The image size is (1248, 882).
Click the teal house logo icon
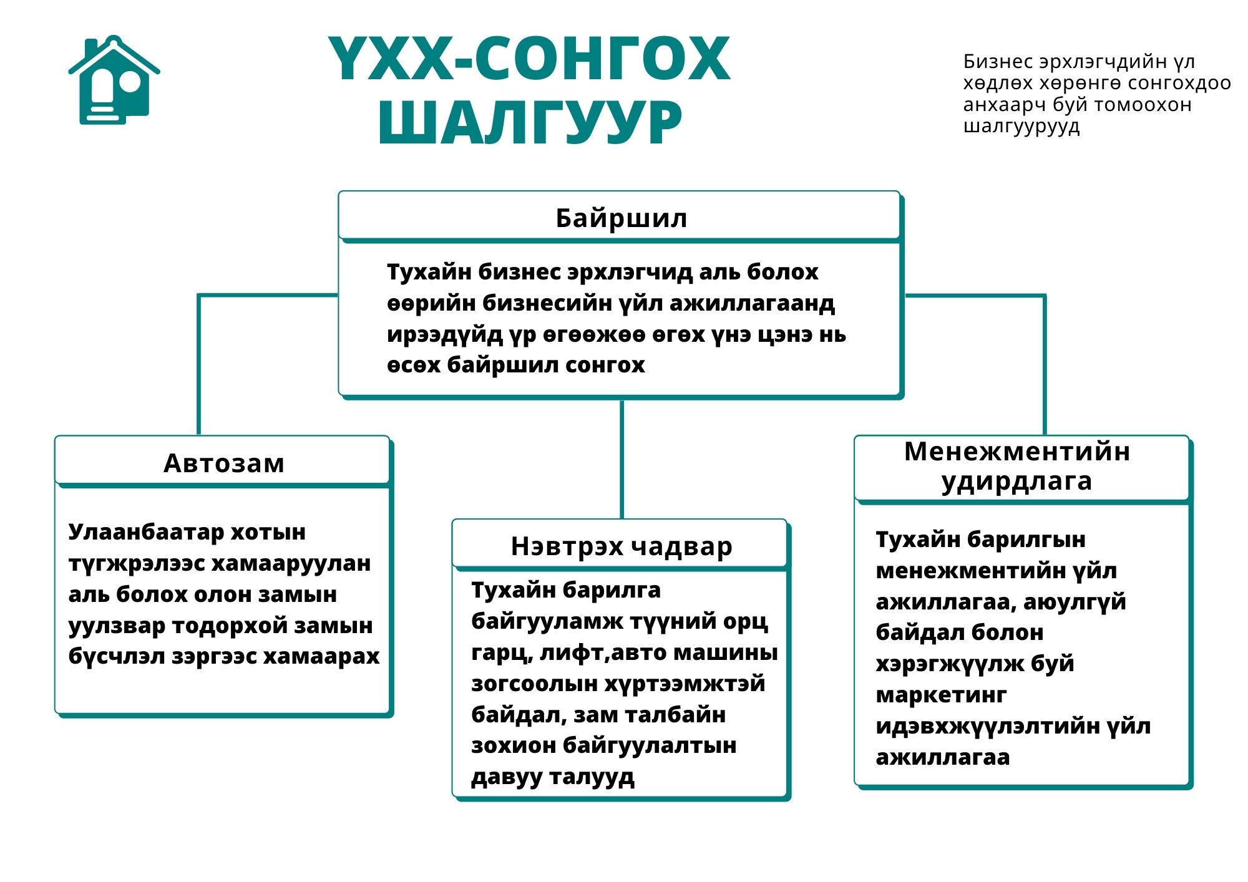114,80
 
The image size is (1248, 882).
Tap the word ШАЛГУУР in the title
530,122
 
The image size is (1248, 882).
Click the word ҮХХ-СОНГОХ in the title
529,59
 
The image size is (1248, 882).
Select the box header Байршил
622,218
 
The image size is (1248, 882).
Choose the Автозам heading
224,463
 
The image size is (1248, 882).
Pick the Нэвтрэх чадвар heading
622,546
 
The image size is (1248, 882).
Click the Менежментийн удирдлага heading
1017,466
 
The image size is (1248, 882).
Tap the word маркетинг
941,695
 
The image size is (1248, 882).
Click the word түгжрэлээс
137,564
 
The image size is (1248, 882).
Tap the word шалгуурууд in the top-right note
1021,127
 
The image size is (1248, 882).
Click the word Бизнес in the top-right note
998,62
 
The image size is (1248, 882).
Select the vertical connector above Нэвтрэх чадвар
622,460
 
